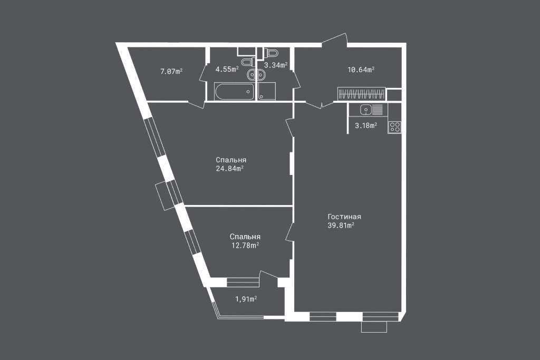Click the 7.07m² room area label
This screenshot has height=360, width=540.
pos(171,71)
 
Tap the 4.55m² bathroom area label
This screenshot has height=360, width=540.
pos(227,69)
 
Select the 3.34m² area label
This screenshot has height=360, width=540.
pos(276,65)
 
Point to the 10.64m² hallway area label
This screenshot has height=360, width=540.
pos(361,70)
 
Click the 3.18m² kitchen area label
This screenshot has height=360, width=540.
pos(366,125)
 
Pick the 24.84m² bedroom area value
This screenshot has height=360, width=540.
pos(230,168)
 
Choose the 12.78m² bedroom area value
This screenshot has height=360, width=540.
pos(245,246)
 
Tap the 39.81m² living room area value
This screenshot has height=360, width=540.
pos(341,226)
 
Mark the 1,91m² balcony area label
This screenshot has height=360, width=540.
pos(246,299)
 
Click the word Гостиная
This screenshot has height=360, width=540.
pos(344,217)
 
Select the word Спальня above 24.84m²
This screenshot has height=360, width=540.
pos(231,160)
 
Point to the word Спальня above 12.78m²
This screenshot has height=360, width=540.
pos(245,237)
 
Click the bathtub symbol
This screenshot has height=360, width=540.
pos(235,92)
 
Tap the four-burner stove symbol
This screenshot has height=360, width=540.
pos(394,128)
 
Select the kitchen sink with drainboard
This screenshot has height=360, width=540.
pos(371,110)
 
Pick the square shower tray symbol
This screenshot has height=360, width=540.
pos(267,91)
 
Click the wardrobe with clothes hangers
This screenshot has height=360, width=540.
pos(361,94)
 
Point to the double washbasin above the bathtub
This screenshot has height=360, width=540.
pos(256,74)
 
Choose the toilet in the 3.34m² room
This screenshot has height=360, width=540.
pos(272,53)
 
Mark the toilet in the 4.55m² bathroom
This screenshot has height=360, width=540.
pos(247,62)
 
